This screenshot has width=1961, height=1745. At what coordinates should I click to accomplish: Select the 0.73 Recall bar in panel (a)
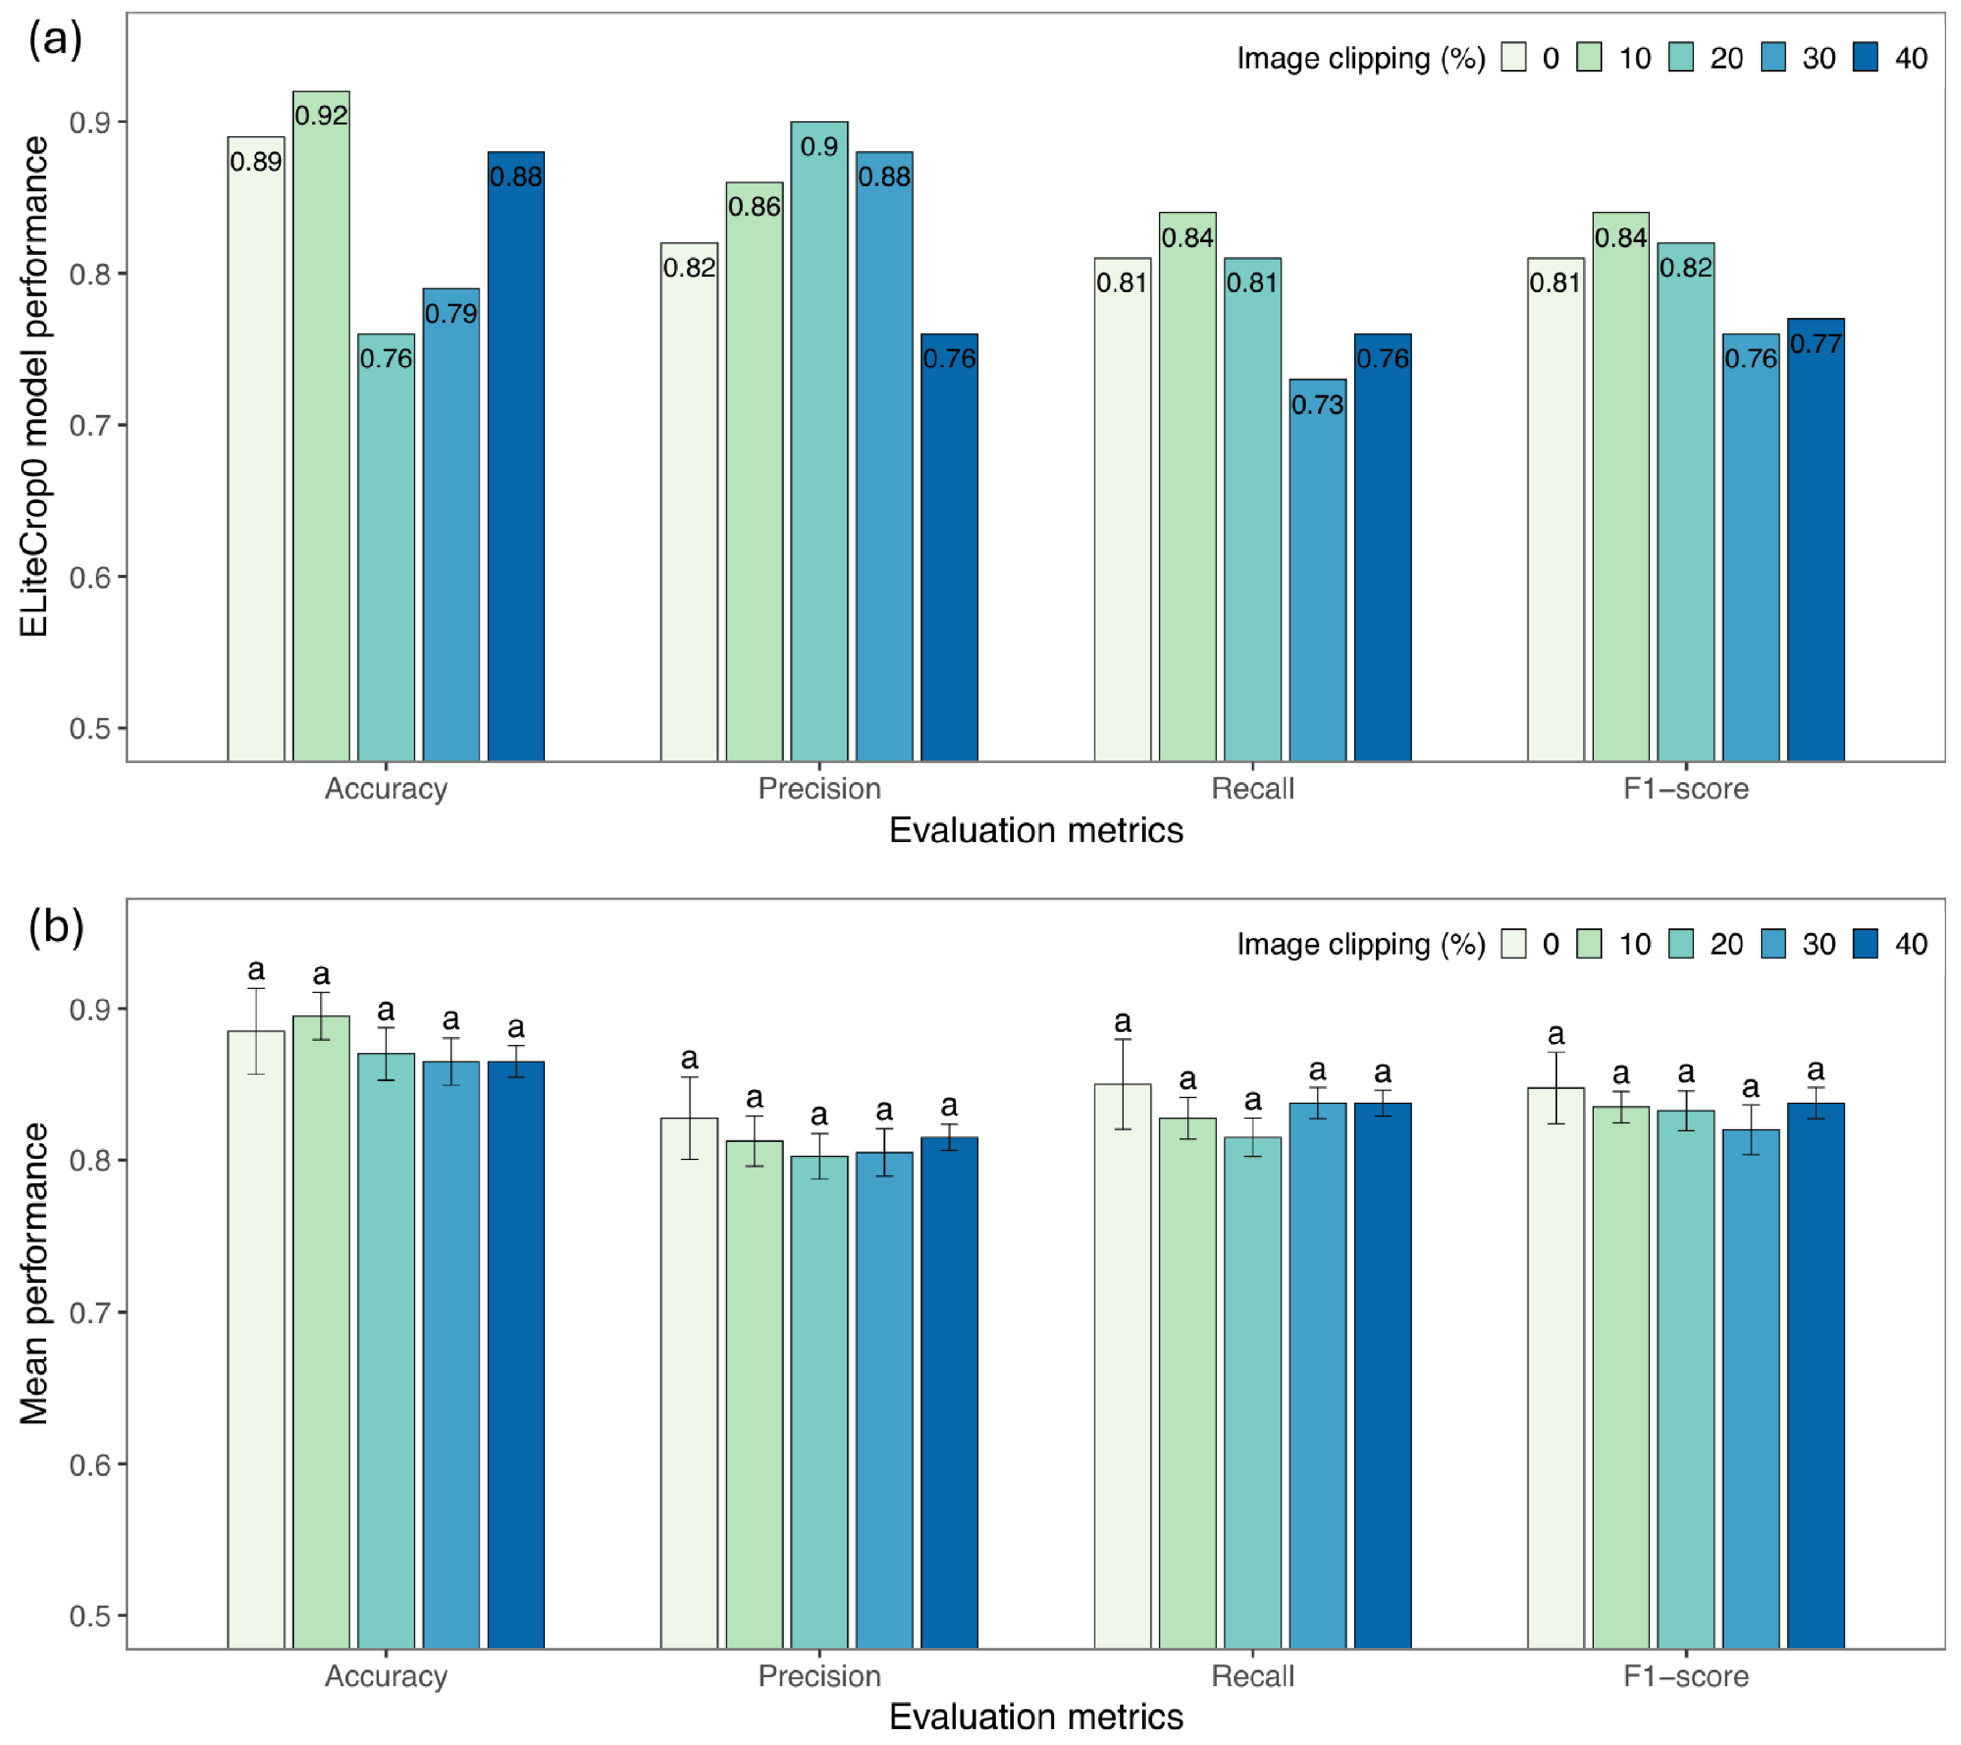pos(1317,570)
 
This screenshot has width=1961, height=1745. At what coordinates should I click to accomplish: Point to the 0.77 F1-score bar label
pos(1815,343)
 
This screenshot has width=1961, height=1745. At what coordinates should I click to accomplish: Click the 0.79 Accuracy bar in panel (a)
pos(451,525)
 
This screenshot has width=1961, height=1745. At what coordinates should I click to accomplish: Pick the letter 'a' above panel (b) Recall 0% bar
pos(1123,1023)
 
